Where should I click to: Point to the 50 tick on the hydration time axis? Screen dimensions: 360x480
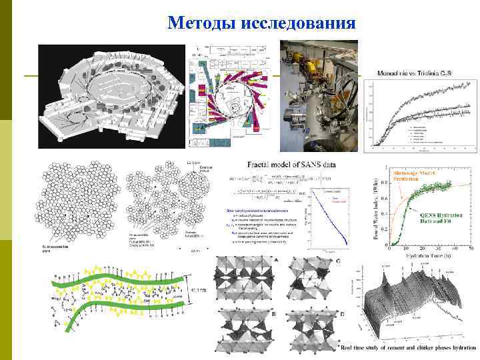(471, 248)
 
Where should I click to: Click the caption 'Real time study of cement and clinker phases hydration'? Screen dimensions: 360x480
(409, 347)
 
